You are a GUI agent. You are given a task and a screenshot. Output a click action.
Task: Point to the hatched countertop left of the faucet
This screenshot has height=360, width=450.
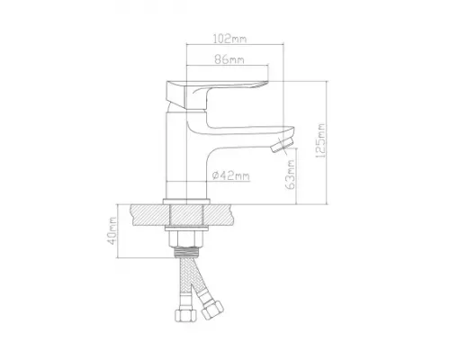pyautogui.click(x=148, y=214)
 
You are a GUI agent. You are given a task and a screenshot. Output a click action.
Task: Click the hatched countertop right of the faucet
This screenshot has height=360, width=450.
pyautogui.click(x=225, y=214)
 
